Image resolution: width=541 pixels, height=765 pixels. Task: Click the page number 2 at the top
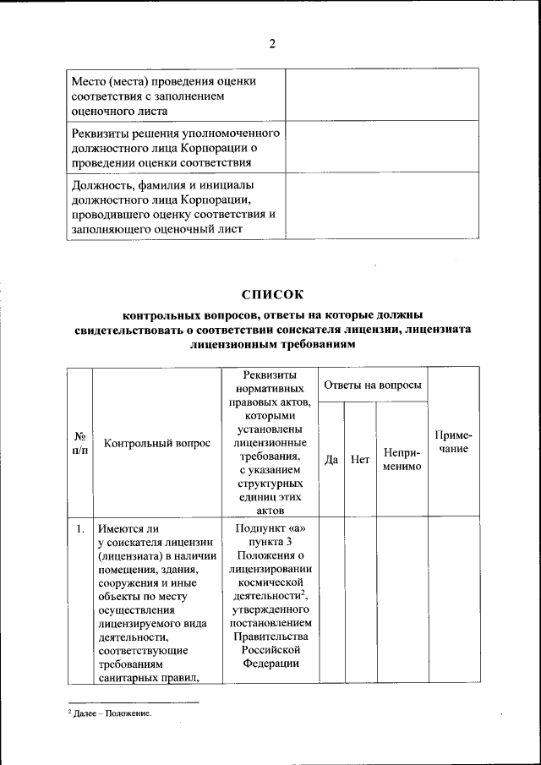coord(272,44)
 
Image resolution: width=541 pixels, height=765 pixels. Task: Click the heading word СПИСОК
coord(271,295)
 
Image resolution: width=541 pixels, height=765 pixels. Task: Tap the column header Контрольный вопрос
coord(156,443)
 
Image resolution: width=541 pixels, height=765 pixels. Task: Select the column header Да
coord(332,460)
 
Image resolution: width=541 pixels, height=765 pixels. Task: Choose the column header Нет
coord(360,460)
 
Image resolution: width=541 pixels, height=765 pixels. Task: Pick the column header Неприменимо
coord(402,460)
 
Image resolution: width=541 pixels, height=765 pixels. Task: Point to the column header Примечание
coord(453,442)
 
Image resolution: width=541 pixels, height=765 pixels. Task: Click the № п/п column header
coord(79,443)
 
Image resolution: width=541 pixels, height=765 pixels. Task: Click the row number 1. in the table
coord(79,530)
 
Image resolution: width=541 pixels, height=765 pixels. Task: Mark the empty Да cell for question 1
coord(332,600)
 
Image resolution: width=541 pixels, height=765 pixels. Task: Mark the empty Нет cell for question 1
coord(360,600)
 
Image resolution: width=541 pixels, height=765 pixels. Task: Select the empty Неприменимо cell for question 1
coord(402,600)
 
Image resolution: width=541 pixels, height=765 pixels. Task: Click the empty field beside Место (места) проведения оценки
coord(382,96)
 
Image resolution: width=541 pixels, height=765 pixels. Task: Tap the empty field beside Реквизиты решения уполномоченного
coord(382,147)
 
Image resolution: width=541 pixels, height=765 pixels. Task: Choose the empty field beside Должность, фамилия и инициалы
coord(382,205)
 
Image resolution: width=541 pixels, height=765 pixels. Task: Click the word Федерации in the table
coord(268,664)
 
